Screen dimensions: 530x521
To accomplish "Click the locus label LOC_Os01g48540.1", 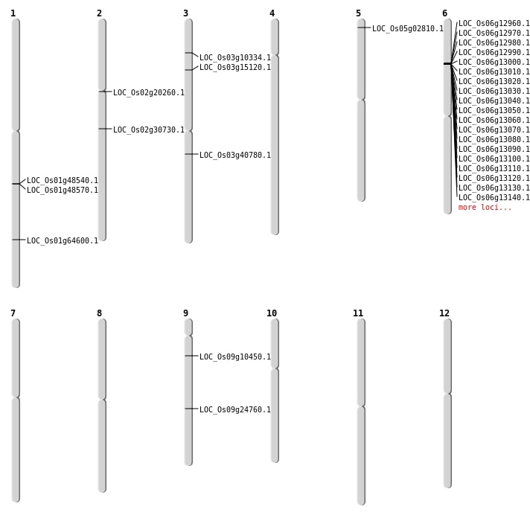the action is (63, 180).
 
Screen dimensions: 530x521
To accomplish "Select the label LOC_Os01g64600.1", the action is (63, 240).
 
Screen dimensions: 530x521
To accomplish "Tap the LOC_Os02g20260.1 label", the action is (149, 92).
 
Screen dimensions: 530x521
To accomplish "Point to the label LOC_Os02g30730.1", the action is (149, 130).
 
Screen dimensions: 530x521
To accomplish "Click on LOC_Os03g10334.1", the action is (235, 58).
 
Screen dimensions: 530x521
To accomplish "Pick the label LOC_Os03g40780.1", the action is (235, 155).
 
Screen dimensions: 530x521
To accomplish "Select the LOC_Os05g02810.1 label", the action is (408, 29).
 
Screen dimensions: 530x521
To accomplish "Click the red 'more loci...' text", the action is (485, 207).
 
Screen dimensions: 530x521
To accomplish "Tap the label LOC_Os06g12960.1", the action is (494, 23).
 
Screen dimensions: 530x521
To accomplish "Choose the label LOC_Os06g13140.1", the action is (494, 197).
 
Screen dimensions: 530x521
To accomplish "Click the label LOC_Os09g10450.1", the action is (235, 357).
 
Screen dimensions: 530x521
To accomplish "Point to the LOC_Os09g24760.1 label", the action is (235, 409).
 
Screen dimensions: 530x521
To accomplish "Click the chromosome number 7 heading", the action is (13, 313).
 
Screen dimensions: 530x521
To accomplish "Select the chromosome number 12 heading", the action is (444, 313).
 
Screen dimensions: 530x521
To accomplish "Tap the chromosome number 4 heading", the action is (272, 13).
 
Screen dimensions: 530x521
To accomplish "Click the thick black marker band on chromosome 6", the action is (447, 63).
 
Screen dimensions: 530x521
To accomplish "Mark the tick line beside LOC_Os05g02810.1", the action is (364, 28).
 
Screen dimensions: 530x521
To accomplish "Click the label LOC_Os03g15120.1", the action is (235, 68).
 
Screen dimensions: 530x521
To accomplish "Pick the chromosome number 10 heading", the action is (272, 313).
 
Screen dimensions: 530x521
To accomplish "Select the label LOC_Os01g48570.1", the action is (63, 191).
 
